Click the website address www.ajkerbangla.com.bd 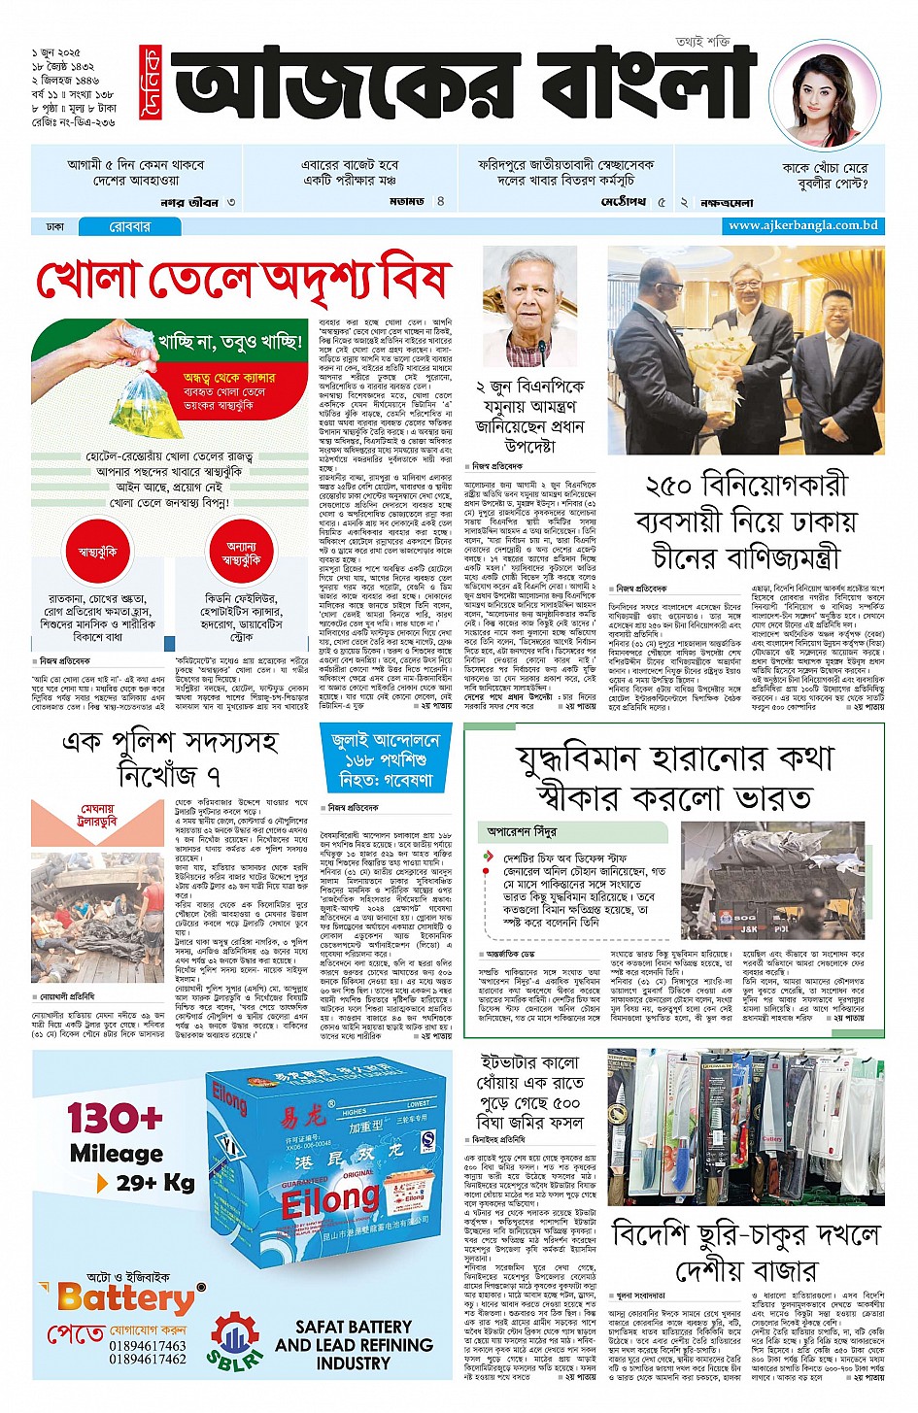click(x=803, y=225)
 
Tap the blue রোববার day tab click(x=129, y=226)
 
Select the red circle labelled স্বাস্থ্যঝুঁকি click(x=97, y=552)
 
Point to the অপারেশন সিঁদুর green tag click(x=522, y=832)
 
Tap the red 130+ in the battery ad click(x=115, y=1118)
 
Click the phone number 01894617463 click(x=149, y=1345)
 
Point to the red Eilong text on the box click(x=329, y=1201)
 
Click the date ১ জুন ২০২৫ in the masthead click(x=57, y=52)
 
